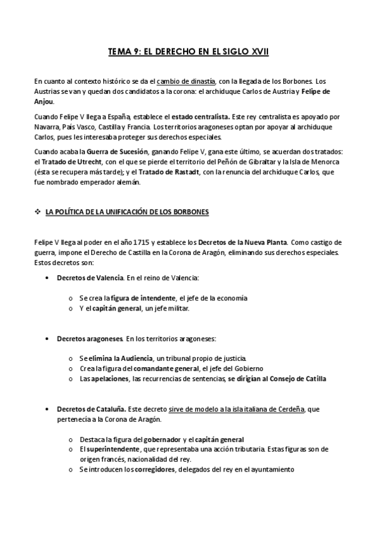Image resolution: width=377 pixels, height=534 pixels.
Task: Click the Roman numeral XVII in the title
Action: tap(258, 53)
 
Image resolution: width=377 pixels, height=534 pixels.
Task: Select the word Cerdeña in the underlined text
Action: tap(289, 409)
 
